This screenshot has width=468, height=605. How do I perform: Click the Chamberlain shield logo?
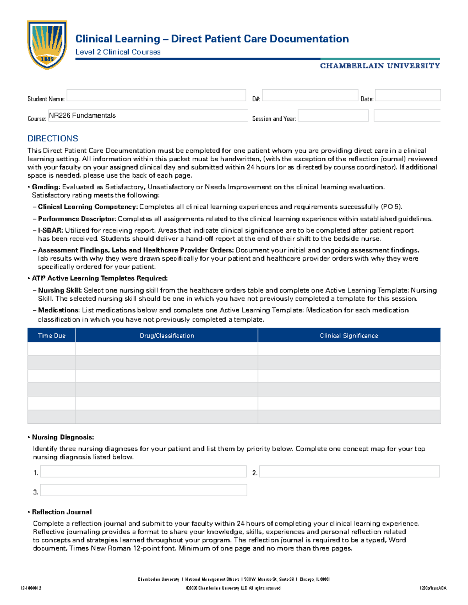(47, 45)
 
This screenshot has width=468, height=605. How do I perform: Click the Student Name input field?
(156, 95)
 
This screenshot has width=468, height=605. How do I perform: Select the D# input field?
(310, 95)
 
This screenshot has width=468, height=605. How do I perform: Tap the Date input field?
(408, 95)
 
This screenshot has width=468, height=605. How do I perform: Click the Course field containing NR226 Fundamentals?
(147, 116)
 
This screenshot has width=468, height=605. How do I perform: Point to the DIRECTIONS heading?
(53, 139)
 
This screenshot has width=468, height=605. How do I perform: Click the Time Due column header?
(51, 335)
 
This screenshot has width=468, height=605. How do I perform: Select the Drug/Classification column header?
(167, 335)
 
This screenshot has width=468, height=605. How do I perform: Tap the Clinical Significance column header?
(349, 335)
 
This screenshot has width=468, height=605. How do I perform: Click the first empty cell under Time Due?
(51, 349)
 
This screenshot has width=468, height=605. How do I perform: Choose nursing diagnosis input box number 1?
(143, 471)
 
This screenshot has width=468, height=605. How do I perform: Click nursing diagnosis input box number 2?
(349, 471)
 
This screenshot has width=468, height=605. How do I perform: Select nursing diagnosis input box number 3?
(143, 490)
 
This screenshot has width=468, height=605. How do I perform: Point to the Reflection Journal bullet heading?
(62, 512)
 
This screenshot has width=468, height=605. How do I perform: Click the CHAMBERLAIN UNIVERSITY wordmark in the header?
(380, 66)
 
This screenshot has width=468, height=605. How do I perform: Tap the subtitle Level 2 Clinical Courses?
(118, 52)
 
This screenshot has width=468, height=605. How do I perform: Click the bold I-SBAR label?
(50, 230)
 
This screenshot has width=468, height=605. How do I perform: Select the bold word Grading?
(46, 187)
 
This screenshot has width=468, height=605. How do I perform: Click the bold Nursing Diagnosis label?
(63, 437)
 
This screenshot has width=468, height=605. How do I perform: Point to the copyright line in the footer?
(233, 588)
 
